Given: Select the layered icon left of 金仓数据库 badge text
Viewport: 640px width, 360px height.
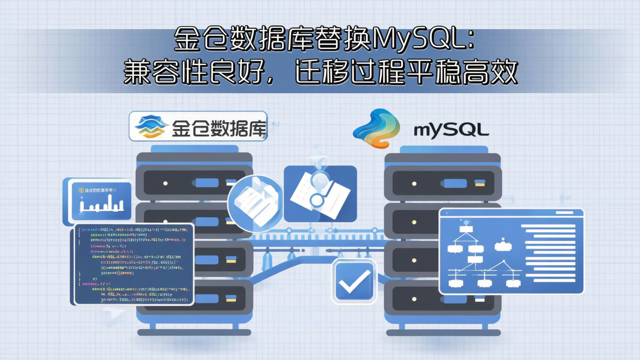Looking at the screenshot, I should [149, 126].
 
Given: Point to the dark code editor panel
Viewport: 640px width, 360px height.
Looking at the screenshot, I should [134, 264].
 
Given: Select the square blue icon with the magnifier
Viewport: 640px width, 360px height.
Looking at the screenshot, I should [320, 194].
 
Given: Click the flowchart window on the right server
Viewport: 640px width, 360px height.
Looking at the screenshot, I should [511, 252].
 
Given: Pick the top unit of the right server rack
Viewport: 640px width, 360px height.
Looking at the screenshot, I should [443, 183].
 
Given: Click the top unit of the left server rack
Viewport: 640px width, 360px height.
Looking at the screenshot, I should [194, 183].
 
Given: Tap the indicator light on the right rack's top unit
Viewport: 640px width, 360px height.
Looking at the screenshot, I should [414, 183].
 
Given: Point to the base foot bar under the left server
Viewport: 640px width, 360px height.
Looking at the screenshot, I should [194, 332].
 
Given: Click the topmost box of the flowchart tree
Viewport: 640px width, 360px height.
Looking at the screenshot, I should [466, 229].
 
